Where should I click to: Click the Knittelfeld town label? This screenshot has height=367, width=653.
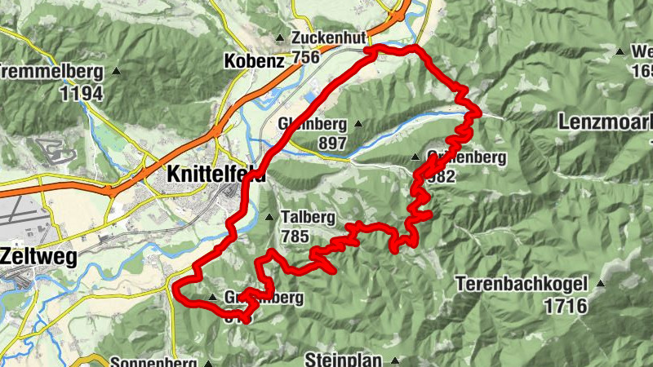point(215,174)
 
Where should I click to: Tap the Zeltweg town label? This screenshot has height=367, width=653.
point(39,258)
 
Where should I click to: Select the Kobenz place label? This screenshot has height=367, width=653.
point(254,60)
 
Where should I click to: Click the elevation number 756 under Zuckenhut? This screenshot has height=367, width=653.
point(304,57)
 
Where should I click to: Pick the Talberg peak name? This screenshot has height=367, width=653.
point(308,218)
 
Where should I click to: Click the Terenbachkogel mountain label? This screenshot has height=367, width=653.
point(522,286)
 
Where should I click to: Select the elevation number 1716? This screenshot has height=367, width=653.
point(566,307)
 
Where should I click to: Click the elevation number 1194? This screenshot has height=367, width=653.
point(82,93)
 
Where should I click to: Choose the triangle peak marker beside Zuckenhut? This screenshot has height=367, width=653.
point(281,38)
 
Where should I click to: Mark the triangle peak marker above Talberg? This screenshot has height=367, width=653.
point(271,217)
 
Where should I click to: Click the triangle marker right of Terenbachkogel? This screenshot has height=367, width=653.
point(602,285)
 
